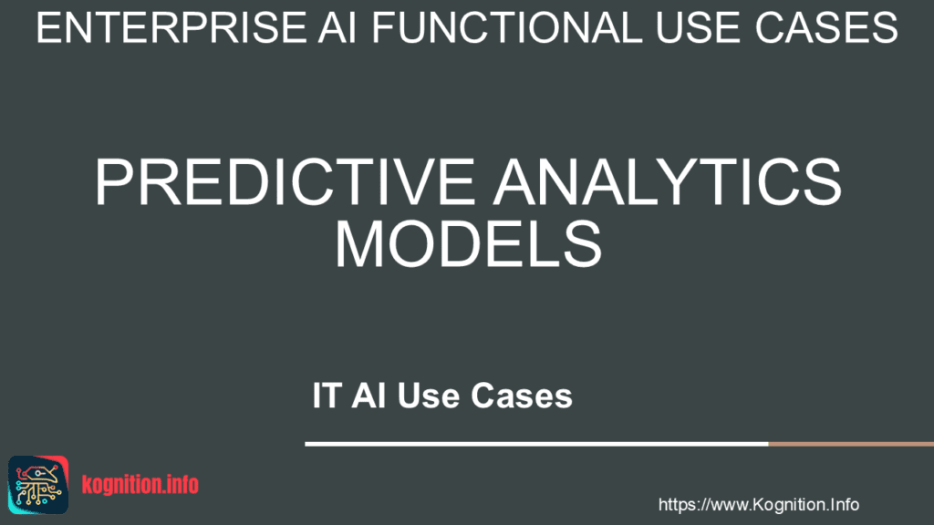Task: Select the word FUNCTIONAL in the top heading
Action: tap(507, 28)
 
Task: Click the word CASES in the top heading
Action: tap(825, 28)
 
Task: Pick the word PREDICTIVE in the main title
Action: tap(285, 182)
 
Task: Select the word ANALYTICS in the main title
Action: tap(668, 182)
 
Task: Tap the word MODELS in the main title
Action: tap(468, 244)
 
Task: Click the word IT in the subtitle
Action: tap(327, 396)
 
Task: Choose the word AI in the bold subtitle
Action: tap(368, 396)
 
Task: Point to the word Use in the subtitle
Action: tap(429, 396)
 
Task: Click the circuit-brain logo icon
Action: tap(38, 485)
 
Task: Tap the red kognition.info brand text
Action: tap(140, 485)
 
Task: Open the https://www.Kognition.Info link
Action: tap(758, 505)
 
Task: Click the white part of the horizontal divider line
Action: tap(536, 444)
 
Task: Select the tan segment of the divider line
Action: tap(851, 444)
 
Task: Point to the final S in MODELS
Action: tap(583, 244)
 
